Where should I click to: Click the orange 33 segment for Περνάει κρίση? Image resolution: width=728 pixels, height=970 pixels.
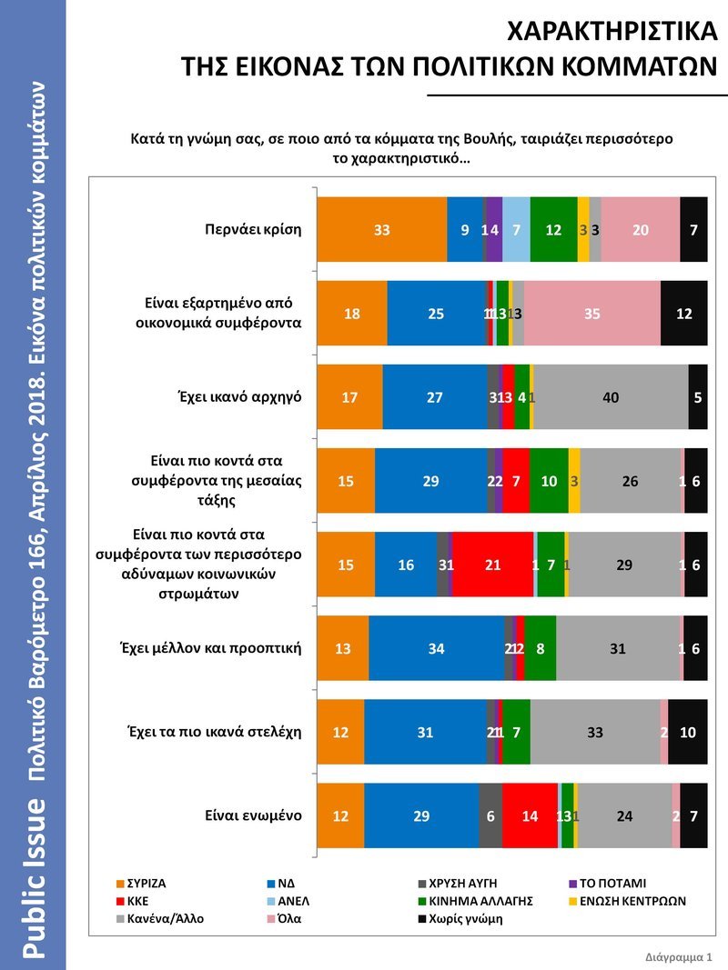click(381, 230)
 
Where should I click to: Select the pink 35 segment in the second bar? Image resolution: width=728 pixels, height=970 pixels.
click(592, 314)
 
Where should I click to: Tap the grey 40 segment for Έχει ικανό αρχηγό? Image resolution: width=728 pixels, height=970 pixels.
click(611, 397)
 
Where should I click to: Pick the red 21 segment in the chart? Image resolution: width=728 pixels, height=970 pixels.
click(492, 565)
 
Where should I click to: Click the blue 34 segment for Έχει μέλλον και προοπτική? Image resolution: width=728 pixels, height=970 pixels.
click(437, 648)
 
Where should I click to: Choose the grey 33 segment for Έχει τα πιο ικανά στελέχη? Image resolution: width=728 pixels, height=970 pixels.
click(596, 732)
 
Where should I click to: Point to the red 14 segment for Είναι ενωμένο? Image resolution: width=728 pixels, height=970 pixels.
click(530, 815)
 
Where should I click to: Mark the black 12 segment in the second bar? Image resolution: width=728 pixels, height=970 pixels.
click(684, 314)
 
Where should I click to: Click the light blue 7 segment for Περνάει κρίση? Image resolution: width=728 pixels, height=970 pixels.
click(516, 230)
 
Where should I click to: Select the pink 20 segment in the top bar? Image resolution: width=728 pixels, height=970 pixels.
click(641, 230)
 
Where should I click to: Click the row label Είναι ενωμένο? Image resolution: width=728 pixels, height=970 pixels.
click(253, 815)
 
